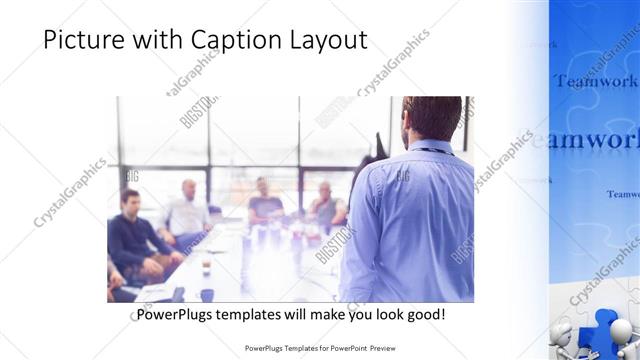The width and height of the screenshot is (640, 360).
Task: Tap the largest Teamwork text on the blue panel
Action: (585, 140)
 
